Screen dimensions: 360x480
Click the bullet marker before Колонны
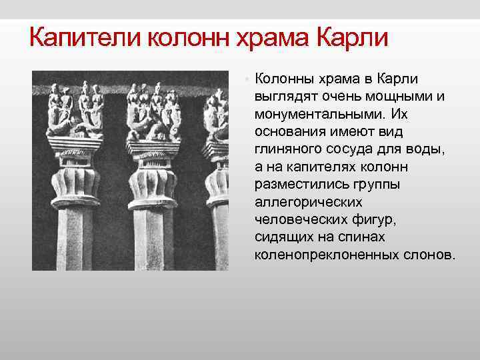pos(245,79)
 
